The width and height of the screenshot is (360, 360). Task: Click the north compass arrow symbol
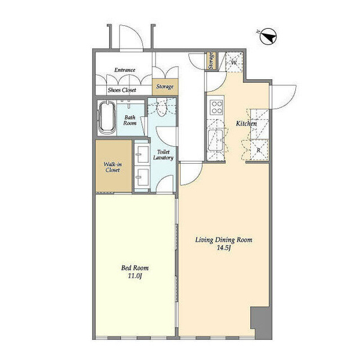tap(268, 37)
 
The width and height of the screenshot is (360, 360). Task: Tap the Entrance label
tap(125, 70)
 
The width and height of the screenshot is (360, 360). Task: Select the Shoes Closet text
tap(122, 90)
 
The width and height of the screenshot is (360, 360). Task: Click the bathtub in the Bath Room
tap(107, 118)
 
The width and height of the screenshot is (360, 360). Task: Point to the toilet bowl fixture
tap(162, 107)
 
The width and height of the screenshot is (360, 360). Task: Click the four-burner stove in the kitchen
tap(217, 107)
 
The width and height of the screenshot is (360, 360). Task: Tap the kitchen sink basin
tap(215, 140)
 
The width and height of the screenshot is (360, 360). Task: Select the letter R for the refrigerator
tap(259, 150)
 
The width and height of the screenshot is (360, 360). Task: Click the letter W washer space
tap(233, 62)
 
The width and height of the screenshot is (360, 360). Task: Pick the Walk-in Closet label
tap(113, 167)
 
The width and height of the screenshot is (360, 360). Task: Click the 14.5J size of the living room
tap(224, 247)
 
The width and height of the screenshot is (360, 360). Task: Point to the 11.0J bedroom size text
tap(134, 276)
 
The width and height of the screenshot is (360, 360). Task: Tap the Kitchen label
tap(247, 124)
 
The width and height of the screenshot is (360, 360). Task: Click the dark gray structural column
tap(261, 322)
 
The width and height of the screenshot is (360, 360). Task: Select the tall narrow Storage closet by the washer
tap(211, 61)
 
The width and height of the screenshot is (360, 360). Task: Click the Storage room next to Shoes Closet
tap(165, 86)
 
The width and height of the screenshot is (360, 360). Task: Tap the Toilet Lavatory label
tap(163, 155)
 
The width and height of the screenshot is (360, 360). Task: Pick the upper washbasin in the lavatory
tap(142, 154)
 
